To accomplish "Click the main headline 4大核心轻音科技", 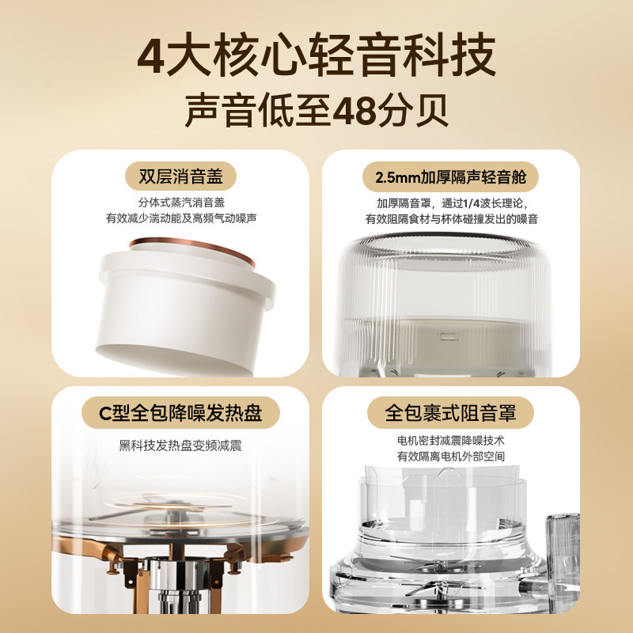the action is pyautogui.click(x=316, y=55).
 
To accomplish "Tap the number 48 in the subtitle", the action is pyautogui.click(x=354, y=110).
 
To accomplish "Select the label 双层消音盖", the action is pyautogui.click(x=181, y=176).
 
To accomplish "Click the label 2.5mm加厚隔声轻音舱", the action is pyautogui.click(x=451, y=176).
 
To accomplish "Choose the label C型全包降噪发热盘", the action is pyautogui.click(x=180, y=412).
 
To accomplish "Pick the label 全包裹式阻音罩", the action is pyautogui.click(x=450, y=412).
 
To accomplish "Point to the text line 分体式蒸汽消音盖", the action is pyautogui.click(x=181, y=203).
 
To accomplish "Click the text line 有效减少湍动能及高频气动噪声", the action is pyautogui.click(x=181, y=218).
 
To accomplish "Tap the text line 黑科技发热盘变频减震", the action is pyautogui.click(x=180, y=445).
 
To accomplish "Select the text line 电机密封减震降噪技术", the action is pyautogui.click(x=451, y=441).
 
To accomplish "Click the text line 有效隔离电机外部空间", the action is pyautogui.click(x=451, y=457).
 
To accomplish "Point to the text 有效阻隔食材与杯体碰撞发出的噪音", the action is pyautogui.click(x=452, y=219).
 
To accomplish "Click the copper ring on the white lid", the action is pyautogui.click(x=192, y=248).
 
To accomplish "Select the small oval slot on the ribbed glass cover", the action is pyautogui.click(x=448, y=335).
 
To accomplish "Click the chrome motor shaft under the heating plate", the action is pyautogui.click(x=177, y=586).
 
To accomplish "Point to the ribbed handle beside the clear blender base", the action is pyautogui.click(x=563, y=557).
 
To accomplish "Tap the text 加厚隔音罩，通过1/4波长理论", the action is pyautogui.click(x=452, y=203).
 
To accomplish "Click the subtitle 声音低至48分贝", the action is pyautogui.click(x=317, y=110).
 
